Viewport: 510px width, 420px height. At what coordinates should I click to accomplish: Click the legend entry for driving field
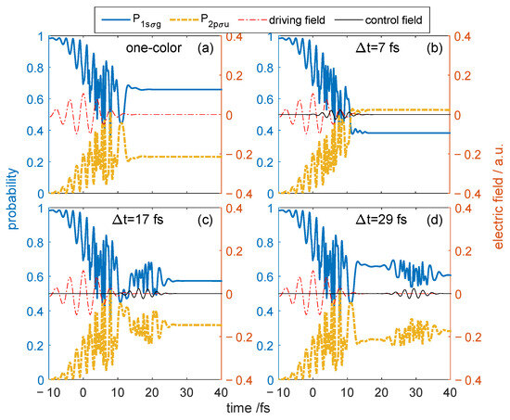(282, 20)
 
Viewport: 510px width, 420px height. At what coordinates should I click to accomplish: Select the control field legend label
(378, 20)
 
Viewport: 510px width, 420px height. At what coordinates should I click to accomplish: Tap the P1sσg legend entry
(132, 20)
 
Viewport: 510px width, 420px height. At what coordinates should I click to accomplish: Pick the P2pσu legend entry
(199, 20)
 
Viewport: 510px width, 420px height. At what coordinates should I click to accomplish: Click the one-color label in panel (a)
(154, 48)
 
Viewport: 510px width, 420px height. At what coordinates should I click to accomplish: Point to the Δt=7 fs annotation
(377, 48)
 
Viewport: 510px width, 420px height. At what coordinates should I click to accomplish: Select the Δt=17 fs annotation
(138, 220)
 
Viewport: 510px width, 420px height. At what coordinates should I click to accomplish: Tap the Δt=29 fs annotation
(381, 220)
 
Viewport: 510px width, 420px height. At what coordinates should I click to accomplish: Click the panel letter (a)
(206, 48)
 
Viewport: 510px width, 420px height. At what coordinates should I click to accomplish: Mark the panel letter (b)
(435, 48)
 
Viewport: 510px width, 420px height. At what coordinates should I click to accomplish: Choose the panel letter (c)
(205, 221)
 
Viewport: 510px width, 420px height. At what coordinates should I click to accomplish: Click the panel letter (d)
(435, 221)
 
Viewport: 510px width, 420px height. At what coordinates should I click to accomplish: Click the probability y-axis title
(12, 198)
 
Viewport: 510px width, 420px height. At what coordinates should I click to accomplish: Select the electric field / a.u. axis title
(498, 196)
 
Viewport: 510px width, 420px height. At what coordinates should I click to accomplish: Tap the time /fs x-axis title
(249, 408)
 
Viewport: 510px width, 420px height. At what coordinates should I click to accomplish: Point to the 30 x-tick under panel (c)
(186, 393)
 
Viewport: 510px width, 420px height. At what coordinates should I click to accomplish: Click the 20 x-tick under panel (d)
(381, 393)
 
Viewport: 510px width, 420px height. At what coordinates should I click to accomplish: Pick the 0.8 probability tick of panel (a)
(35, 68)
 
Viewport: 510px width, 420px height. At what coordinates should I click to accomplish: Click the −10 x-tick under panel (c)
(48, 393)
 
